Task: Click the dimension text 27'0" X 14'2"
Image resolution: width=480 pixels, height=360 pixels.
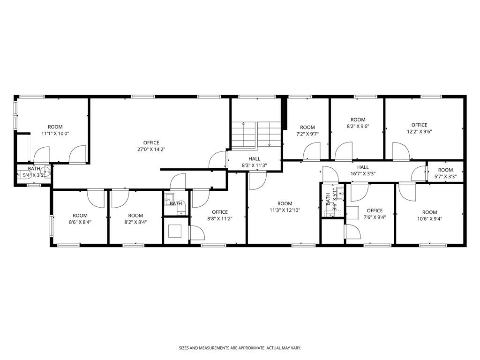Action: tap(151, 150)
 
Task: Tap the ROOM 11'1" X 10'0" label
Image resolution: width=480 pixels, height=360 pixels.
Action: tap(55, 130)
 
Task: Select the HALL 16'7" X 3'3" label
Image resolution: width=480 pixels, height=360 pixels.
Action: tap(363, 171)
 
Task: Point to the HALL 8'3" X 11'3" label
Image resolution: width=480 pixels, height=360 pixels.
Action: tap(255, 162)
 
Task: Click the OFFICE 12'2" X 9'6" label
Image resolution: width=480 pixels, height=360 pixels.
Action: tap(420, 128)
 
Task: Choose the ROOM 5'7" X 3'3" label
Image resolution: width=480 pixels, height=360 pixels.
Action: tap(445, 173)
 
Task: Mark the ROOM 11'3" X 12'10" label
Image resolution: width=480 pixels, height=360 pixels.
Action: tap(285, 207)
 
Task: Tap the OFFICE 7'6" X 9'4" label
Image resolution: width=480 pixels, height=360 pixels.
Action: tap(375, 214)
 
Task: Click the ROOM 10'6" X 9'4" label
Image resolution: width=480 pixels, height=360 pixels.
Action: tap(430, 216)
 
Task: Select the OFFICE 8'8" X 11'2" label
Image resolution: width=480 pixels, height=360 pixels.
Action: tap(220, 215)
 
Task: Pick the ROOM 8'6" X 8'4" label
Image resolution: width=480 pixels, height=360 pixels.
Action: tap(80, 219)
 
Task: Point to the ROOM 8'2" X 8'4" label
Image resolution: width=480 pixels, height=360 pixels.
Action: tap(135, 219)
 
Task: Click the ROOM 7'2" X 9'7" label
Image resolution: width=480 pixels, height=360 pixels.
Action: tap(307, 131)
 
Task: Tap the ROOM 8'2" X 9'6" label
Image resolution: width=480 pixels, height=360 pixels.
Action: tap(358, 123)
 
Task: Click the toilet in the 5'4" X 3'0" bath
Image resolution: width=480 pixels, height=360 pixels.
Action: tap(46, 172)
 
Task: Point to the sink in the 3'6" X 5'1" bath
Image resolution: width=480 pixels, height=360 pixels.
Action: tap(340, 193)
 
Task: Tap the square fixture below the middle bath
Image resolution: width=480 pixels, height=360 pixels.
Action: tap(175, 231)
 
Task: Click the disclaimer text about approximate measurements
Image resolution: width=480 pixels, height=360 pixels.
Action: tap(240, 348)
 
